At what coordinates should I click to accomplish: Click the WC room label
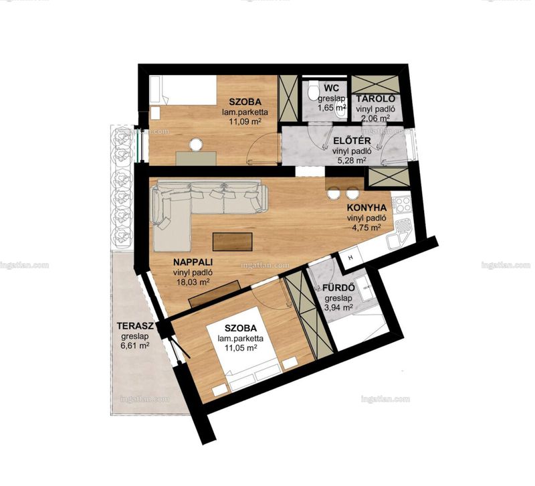click(x=332, y=88)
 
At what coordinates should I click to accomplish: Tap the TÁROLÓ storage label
click(x=376, y=98)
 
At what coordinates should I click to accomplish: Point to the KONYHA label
click(x=366, y=208)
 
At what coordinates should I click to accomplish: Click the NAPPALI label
click(x=193, y=262)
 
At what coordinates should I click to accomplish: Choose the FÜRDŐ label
click(x=338, y=288)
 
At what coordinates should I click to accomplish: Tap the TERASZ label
click(x=136, y=325)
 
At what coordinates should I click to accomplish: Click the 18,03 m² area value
click(x=193, y=282)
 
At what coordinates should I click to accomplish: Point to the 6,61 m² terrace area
click(x=135, y=345)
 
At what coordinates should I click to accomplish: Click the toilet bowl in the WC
click(x=312, y=90)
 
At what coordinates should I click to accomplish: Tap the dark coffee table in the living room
click(x=232, y=242)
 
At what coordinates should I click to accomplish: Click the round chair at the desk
click(x=196, y=144)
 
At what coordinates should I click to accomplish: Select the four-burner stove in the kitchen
click(x=403, y=205)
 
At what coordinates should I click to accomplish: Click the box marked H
click(x=350, y=258)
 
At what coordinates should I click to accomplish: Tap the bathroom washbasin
click(x=367, y=289)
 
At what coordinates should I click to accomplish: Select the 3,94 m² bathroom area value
click(x=338, y=308)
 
